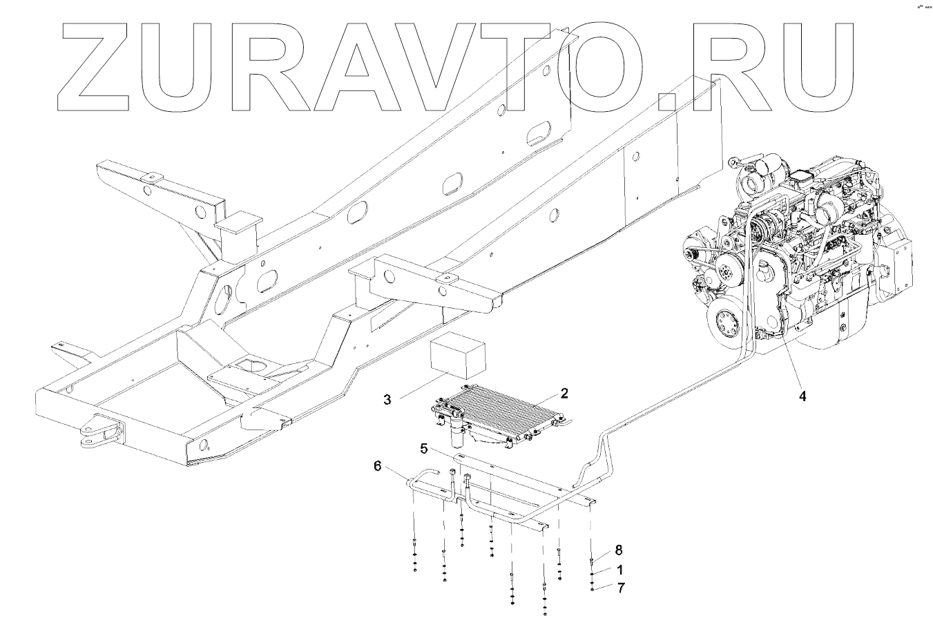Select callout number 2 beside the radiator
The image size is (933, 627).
564,394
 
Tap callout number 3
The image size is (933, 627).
387,399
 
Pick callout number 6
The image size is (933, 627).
377,466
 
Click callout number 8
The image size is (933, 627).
619,550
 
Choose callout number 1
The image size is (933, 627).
619,570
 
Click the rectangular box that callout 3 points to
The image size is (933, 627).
458,356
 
